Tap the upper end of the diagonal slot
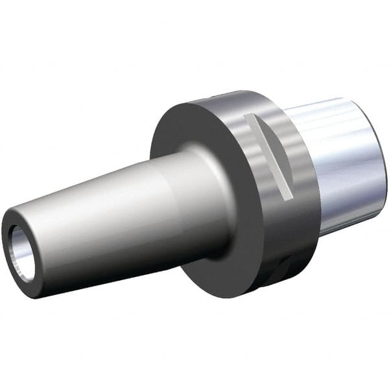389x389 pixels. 248,118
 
